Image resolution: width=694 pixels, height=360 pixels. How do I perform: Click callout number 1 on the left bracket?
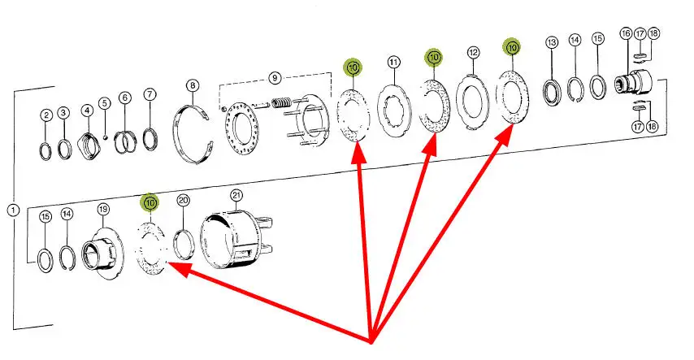pos(12,210)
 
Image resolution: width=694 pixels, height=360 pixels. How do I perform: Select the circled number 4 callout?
pos(86,110)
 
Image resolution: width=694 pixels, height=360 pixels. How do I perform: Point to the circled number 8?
pos(192,85)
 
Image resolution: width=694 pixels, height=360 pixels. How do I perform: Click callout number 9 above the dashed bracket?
pos(275,78)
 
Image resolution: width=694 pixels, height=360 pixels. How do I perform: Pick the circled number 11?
pos(393,63)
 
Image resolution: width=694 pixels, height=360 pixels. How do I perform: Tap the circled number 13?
pos(552,42)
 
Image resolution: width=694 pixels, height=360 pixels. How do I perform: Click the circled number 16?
pos(625,33)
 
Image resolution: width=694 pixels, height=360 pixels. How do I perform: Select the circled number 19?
pos(103,209)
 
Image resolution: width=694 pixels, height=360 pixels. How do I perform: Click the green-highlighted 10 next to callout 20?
pos(150,202)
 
